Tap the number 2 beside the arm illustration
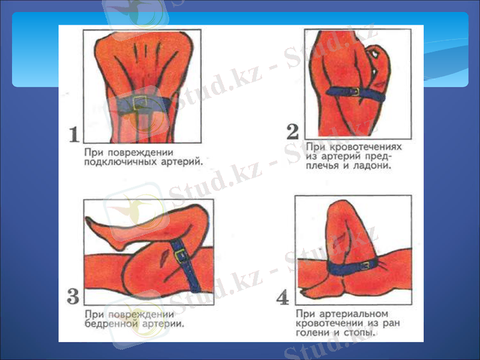tap(293, 131)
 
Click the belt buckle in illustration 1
tap(142, 103)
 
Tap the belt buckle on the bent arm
tap(354, 91)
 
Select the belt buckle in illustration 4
tap(364, 266)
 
